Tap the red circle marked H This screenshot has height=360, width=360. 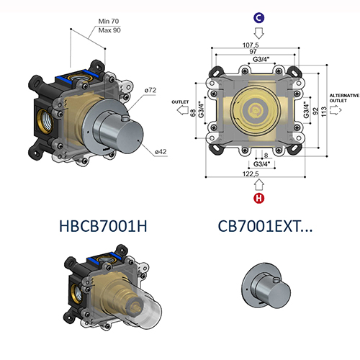coord(258,199)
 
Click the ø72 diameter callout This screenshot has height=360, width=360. coord(150,89)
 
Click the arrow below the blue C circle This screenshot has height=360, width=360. coord(258,33)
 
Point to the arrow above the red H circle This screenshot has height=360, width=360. coord(258,186)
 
